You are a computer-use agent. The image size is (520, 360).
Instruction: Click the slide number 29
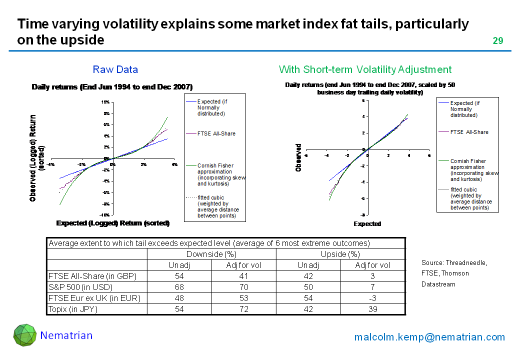(498, 41)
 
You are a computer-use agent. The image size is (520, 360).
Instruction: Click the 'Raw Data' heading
(115, 69)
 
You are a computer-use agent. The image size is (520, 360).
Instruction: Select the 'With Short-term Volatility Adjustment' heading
(365, 69)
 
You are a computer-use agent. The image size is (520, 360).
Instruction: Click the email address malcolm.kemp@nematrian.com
(429, 337)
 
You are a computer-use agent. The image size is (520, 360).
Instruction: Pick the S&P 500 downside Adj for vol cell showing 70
(243, 287)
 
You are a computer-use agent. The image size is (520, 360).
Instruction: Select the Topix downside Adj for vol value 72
(243, 309)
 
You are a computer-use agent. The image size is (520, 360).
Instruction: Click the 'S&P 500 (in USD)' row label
(80, 287)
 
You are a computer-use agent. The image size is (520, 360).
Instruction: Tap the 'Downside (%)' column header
(211, 254)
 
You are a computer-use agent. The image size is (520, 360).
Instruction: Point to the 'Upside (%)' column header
(340, 254)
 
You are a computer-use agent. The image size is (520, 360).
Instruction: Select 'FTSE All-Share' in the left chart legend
(216, 133)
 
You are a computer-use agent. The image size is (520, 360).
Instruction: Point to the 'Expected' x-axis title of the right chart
(367, 223)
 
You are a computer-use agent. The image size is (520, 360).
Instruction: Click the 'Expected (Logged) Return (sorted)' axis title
(113, 223)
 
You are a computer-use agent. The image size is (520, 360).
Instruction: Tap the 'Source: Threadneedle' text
(454, 262)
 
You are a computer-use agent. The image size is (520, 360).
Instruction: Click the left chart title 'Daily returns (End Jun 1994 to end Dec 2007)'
(112, 87)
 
